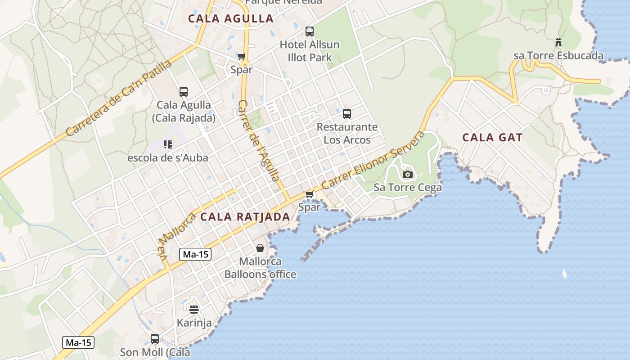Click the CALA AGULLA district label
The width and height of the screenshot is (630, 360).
(x=230, y=18)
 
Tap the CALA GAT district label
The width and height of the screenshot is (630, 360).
(x=492, y=137)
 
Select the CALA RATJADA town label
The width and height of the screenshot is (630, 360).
(x=245, y=216)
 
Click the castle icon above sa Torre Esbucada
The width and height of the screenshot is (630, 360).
(x=558, y=43)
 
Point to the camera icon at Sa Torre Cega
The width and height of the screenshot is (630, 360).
(x=408, y=174)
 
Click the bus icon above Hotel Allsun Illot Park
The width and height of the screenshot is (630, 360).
(x=310, y=31)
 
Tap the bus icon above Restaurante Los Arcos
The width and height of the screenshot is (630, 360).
(x=346, y=114)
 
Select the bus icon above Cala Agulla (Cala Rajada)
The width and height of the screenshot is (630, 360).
(x=183, y=92)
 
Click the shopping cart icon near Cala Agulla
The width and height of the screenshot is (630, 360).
(x=242, y=57)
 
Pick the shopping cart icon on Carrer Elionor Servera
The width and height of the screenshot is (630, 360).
(x=309, y=194)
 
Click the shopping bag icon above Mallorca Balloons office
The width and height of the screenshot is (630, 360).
(x=260, y=248)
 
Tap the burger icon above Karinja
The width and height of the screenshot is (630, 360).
(x=194, y=310)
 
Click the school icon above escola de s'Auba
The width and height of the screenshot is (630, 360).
(x=168, y=144)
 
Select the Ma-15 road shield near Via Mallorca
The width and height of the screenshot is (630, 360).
(x=195, y=254)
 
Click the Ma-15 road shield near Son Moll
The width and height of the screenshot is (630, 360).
(x=78, y=342)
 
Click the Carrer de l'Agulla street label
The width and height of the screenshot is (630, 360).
(x=259, y=140)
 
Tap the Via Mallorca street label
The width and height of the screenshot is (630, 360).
(x=176, y=235)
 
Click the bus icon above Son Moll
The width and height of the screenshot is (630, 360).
(x=155, y=339)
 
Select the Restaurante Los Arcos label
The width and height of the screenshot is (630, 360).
(x=347, y=133)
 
